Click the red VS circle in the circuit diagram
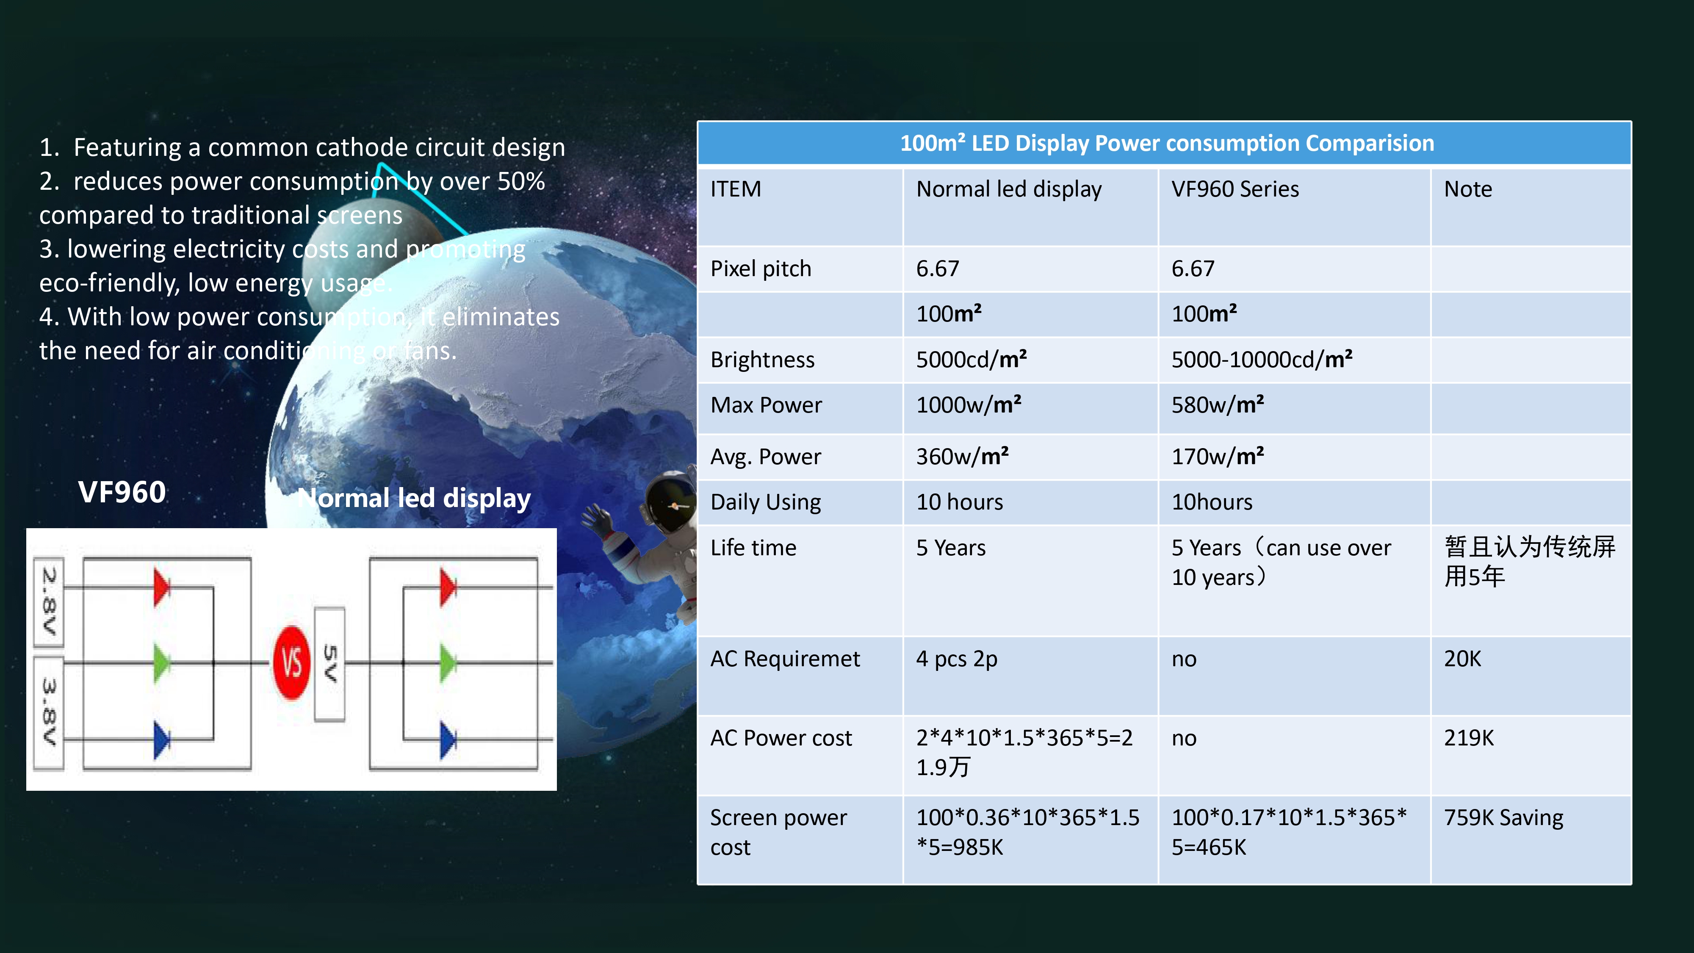coord(291,662)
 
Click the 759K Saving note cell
coord(1503,817)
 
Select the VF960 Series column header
coord(1235,189)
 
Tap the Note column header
coord(1468,189)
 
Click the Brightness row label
coord(762,360)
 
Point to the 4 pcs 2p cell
coord(957,659)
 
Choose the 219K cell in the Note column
coord(1468,738)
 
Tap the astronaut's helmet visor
coord(671,507)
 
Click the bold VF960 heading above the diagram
coord(122,492)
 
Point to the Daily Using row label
coord(765,502)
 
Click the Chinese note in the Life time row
coord(1530,562)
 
